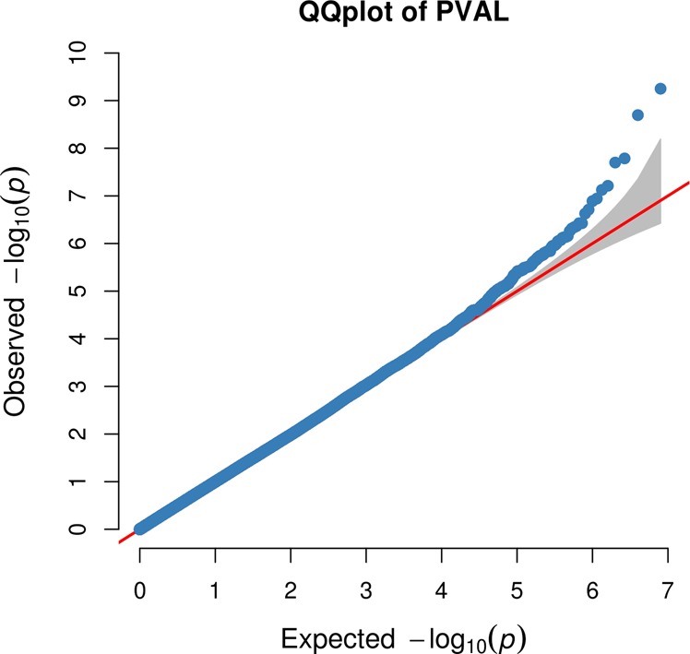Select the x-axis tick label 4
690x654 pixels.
point(442,588)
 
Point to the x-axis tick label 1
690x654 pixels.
point(215,588)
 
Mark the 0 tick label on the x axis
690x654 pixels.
point(139,588)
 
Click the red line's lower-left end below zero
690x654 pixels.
point(121,541)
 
